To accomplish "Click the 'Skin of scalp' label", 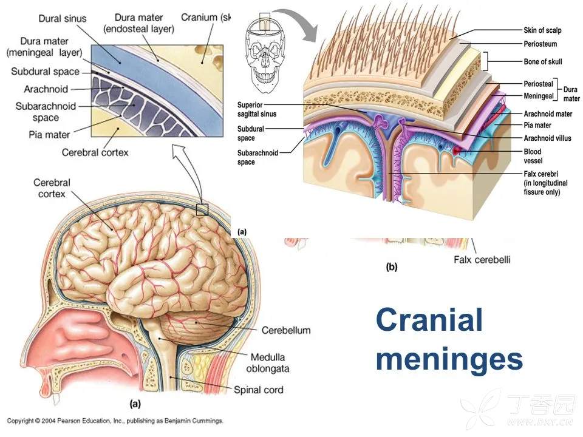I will pos(542,30).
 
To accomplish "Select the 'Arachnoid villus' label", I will pos(547,138).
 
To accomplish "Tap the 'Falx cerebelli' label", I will pos(482,260).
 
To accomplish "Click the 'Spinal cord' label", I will pos(258,390).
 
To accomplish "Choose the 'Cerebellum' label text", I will pos(285,331).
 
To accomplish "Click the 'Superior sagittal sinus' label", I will pos(258,108).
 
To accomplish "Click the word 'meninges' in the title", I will pos(449,359).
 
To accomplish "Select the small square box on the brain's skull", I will pos(202,210).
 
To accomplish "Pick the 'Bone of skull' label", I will pos(542,61).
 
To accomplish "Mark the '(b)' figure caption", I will pos(392,265).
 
